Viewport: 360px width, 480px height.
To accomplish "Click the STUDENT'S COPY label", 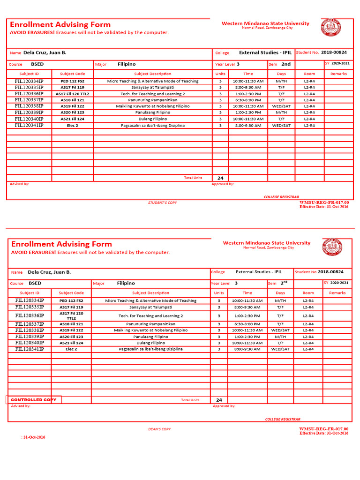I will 162,202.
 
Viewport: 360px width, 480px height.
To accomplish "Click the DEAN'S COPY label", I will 159,429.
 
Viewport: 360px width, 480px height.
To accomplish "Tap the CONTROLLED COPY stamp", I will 33,400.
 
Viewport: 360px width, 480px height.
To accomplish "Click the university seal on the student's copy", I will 331,28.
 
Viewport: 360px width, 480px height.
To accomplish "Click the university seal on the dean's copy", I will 332,247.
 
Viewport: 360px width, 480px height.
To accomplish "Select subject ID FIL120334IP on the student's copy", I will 29,81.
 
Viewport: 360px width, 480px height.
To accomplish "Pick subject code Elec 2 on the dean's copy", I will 71,349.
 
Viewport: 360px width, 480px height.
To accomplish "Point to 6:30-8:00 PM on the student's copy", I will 248,100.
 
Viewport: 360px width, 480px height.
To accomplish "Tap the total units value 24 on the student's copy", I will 220,178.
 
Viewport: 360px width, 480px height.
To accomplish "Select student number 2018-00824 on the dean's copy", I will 330,272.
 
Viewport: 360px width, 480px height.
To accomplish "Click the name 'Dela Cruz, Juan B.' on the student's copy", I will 45,53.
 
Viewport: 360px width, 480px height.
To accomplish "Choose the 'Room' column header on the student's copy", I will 309,74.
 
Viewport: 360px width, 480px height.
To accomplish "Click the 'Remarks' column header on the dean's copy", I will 337,293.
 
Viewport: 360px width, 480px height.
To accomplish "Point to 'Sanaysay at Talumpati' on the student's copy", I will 152,88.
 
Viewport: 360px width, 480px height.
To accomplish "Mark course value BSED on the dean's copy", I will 35,283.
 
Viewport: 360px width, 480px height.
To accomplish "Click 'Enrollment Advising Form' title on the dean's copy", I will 61,244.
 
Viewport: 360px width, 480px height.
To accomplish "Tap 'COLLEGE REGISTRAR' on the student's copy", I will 281,197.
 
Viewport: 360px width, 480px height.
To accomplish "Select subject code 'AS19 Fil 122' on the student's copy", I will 72,106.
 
